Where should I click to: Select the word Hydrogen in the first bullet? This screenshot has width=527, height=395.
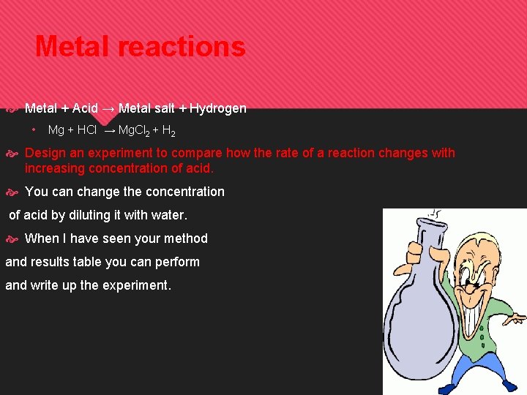pyautogui.click(x=218, y=108)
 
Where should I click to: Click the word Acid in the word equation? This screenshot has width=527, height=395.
pyautogui.click(x=85, y=108)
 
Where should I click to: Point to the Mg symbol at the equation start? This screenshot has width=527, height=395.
pyautogui.click(x=56, y=130)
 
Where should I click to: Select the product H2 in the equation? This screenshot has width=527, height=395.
pyautogui.click(x=168, y=132)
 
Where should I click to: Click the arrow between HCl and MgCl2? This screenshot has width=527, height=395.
pyautogui.click(x=109, y=132)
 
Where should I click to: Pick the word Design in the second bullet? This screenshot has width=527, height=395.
pyautogui.click(x=45, y=153)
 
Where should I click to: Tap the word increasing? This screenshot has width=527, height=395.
pyautogui.click(x=54, y=168)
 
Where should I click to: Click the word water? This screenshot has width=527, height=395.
pyautogui.click(x=169, y=215)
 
